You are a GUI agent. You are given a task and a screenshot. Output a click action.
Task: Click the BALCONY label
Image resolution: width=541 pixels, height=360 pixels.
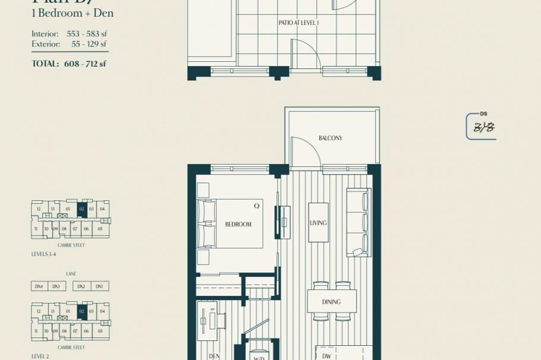click(x=331, y=138)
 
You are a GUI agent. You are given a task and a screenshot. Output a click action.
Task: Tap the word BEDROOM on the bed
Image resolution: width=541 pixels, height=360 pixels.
click(x=238, y=225)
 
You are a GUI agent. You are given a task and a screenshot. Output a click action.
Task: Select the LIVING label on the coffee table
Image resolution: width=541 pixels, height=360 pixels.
click(x=318, y=223)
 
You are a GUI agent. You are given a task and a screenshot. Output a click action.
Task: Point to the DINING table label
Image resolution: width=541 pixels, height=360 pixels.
click(x=331, y=302)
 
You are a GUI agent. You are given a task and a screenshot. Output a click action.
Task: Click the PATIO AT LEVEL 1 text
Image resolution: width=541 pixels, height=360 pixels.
click(x=299, y=23)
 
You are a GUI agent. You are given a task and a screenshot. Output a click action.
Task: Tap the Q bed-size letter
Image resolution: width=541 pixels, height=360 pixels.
click(x=257, y=206)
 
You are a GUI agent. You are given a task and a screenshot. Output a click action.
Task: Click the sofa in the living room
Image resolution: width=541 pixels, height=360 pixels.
click(x=358, y=222)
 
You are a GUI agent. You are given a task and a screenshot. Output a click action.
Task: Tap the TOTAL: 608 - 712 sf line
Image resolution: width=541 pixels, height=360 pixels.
click(x=69, y=64)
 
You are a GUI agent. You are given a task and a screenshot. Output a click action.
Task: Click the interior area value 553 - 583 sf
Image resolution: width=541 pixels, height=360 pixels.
click(x=87, y=34)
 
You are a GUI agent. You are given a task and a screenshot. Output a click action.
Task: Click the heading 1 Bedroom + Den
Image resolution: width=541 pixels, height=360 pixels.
click(x=73, y=13)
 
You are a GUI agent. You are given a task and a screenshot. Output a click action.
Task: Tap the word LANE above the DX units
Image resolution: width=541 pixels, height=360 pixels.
click(x=71, y=274)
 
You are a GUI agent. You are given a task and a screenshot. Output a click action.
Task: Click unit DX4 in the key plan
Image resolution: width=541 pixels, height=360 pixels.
click(x=39, y=286)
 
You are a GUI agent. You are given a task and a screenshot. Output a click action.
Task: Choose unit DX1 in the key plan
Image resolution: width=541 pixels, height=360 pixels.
click(x=99, y=286)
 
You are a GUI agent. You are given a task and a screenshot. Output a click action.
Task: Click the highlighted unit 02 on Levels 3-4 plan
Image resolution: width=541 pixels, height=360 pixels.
click(x=82, y=209)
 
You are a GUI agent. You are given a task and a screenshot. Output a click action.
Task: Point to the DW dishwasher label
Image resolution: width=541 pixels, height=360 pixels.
click(x=326, y=356)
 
